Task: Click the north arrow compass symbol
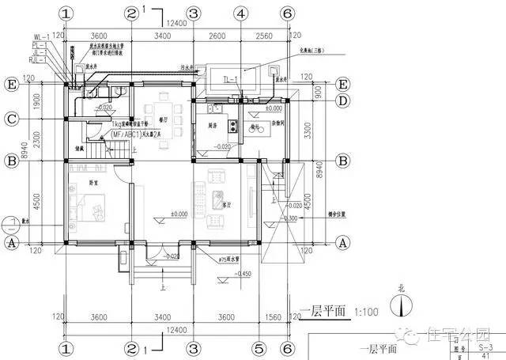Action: (404, 304)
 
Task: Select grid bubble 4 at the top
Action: (240, 13)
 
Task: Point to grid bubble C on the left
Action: (11, 119)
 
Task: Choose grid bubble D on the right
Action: (343, 100)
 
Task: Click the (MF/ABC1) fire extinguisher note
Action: (135, 135)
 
